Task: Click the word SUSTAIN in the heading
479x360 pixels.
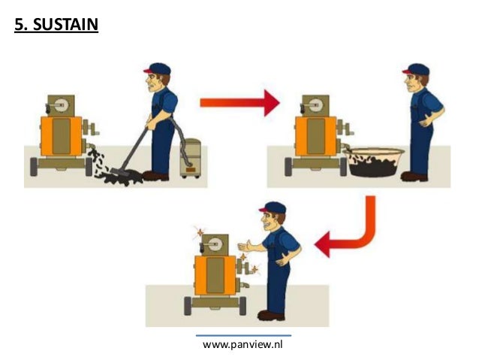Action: point(65,24)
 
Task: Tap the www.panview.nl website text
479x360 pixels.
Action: point(243,345)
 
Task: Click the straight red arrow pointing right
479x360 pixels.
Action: point(239,103)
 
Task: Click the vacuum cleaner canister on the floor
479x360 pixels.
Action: point(190,158)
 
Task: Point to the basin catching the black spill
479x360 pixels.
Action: point(374,162)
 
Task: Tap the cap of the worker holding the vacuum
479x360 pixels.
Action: point(158,69)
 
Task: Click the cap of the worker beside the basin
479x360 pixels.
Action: point(416,69)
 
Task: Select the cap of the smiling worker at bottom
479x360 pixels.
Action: point(273,207)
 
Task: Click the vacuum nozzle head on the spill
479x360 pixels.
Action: point(120,172)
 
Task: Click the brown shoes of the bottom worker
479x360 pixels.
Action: point(271,316)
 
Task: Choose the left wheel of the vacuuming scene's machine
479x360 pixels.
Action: point(34,167)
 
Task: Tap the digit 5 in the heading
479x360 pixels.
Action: point(19,25)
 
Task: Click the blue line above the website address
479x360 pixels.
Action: point(243,335)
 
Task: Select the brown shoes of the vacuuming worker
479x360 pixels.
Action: point(155,176)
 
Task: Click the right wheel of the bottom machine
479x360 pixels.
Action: point(243,306)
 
